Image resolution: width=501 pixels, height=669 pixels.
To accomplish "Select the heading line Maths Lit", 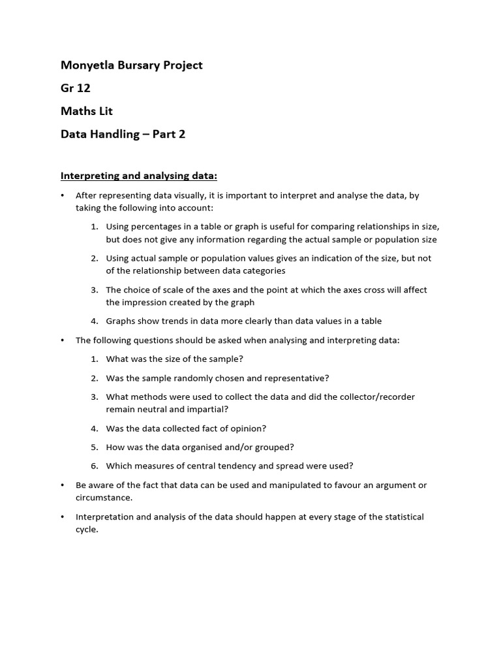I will pyautogui.click(x=87, y=111).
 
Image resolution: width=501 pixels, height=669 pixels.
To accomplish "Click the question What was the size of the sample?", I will pyautogui.click(x=174, y=359).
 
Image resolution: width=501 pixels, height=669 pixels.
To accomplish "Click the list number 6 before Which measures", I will pyautogui.click(x=94, y=466).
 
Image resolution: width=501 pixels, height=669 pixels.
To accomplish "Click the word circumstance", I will pyautogui.click(x=103, y=498).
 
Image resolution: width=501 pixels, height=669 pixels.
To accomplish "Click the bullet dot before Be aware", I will pyautogui.click(x=63, y=485).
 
